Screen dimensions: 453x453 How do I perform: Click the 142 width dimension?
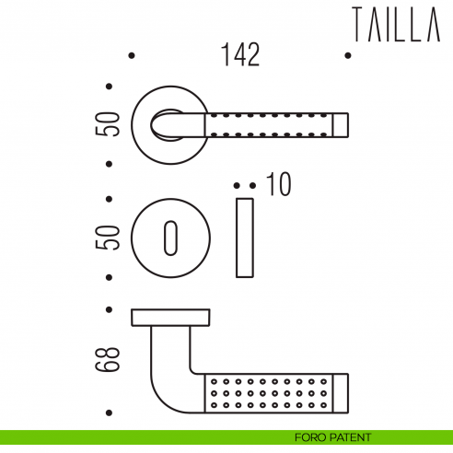pos(239,55)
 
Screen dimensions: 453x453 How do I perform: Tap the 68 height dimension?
pos(111,360)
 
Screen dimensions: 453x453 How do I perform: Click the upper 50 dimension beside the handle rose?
pos(111,125)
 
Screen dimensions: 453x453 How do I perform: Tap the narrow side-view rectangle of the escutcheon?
pos(244,237)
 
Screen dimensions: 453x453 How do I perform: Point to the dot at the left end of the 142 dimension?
pos(133,56)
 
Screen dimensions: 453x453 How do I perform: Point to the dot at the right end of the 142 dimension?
pos(347,56)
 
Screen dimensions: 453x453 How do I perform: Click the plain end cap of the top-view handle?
pos(340,125)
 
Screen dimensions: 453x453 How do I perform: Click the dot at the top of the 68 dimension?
pos(110,308)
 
